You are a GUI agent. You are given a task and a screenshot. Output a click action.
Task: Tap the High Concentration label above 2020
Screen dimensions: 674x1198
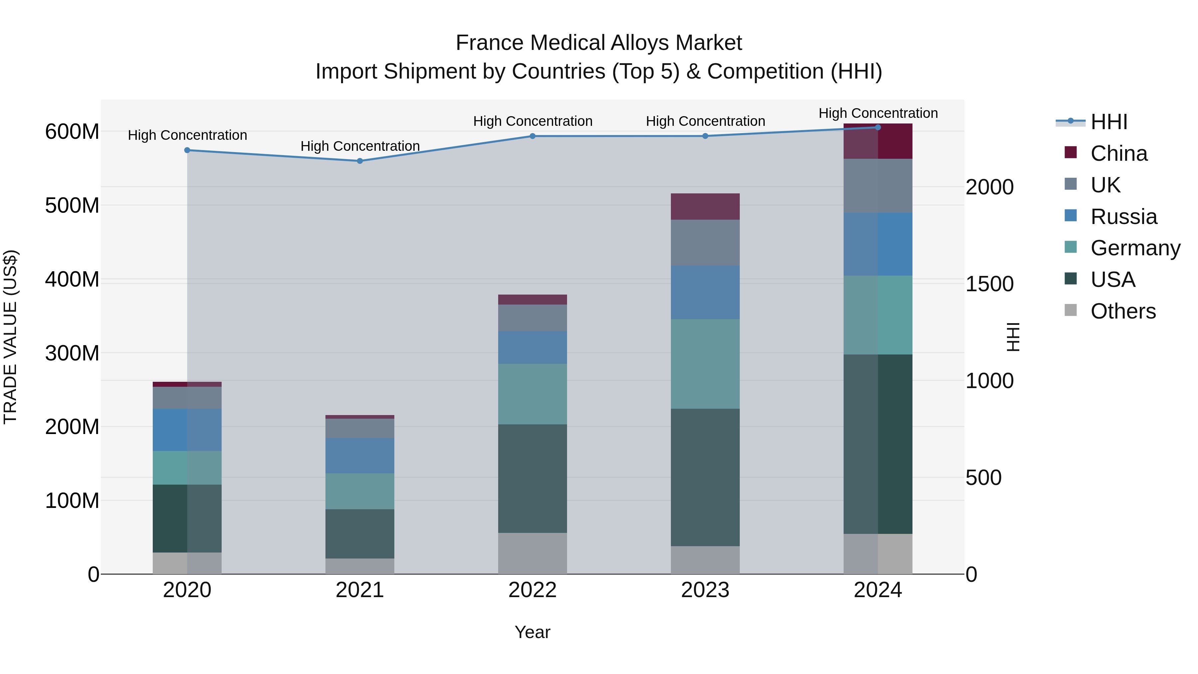187,135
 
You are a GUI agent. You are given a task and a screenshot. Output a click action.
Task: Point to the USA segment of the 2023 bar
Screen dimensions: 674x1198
705,477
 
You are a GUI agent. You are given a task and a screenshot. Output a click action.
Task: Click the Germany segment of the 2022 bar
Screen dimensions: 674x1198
532,394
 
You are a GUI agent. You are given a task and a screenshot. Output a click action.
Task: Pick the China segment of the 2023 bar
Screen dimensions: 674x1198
705,206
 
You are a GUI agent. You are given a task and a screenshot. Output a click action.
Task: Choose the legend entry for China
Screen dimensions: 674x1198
1118,153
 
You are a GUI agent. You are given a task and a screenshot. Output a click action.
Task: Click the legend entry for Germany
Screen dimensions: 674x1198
1135,248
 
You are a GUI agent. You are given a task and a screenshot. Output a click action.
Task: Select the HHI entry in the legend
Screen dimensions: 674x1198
1109,122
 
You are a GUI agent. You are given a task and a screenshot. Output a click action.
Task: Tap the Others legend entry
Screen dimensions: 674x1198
1123,311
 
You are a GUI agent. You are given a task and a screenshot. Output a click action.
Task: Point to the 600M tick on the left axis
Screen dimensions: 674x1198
72,131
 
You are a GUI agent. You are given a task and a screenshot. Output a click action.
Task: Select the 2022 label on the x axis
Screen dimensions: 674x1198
532,590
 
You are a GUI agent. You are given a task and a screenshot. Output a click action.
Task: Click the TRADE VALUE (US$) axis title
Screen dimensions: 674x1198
10,337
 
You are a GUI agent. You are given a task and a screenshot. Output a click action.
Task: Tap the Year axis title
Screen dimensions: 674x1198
532,632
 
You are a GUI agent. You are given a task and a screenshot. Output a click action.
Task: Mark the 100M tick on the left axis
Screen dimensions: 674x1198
72,501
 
